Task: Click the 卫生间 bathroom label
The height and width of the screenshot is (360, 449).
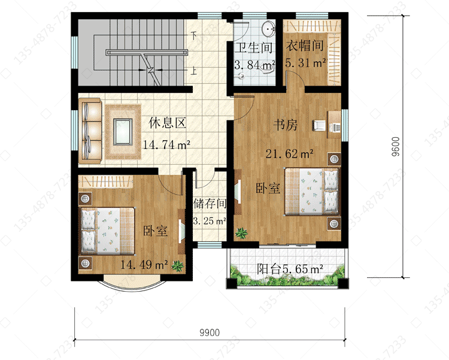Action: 254,47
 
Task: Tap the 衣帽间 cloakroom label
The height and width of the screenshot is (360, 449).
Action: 305,46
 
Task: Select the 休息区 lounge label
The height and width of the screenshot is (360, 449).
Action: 168,123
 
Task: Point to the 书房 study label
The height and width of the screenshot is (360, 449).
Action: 286,125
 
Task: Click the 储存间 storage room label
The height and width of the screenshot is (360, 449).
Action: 210,204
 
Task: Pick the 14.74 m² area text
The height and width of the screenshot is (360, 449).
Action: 166,145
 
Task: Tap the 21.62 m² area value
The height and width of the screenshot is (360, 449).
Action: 289,154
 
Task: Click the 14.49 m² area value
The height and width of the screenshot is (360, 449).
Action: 144,265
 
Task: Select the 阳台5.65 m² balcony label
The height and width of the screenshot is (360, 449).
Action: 290,269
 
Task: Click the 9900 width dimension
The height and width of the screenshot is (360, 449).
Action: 210,333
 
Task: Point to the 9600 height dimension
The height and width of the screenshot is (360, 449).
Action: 395,147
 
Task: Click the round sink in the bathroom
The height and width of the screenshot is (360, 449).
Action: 269,29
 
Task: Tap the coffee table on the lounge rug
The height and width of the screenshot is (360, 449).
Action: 123,132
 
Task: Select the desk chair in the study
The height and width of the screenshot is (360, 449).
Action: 319,125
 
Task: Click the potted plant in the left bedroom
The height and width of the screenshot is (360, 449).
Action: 178,266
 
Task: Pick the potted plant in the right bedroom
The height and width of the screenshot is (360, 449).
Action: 241,234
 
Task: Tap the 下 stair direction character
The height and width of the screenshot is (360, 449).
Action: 194,36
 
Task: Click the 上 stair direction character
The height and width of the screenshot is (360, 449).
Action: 194,71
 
